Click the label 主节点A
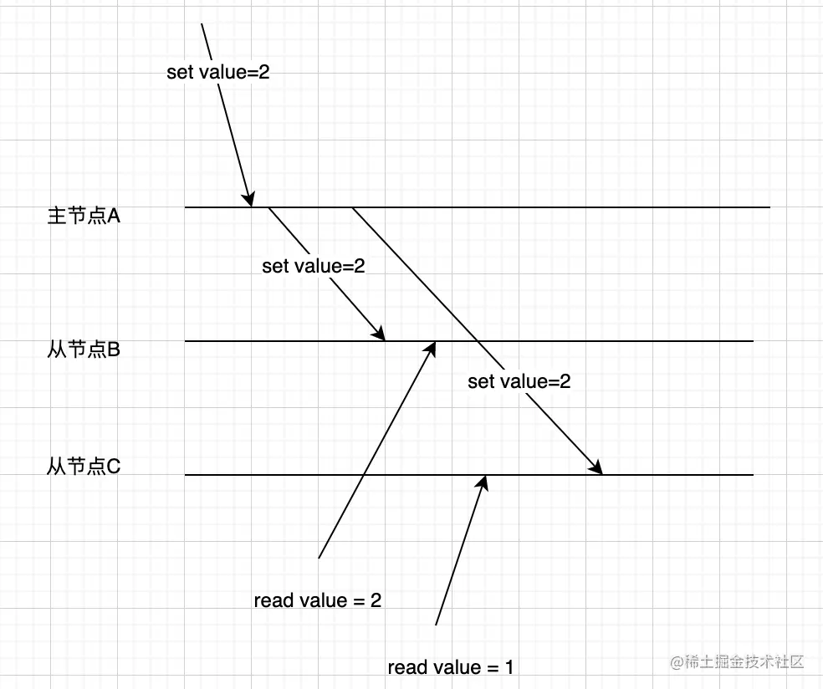coord(84,216)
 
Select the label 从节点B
coord(84,350)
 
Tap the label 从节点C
coord(84,466)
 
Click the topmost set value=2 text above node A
coord(218,72)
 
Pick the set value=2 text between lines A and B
coord(314,266)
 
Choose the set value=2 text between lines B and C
coord(519,381)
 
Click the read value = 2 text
coord(318,600)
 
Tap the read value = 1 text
coord(451,667)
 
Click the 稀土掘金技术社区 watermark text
coord(736,661)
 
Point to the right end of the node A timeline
coord(768,207)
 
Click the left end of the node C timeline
coord(186,475)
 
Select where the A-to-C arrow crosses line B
coord(479,341)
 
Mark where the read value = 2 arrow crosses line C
coord(364,475)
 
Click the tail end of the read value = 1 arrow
coord(437,625)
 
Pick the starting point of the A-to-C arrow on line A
coord(352,207)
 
